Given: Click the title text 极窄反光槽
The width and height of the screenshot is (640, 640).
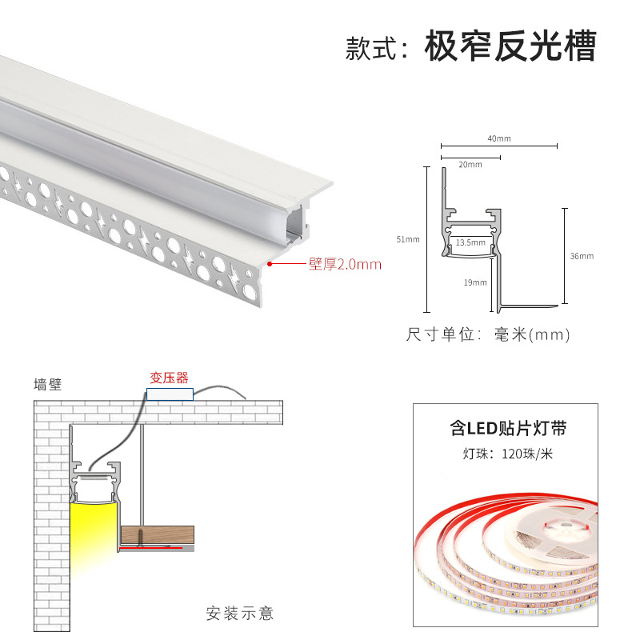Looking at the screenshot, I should (510, 47).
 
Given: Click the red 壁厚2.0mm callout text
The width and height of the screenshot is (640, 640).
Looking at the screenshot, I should (345, 263).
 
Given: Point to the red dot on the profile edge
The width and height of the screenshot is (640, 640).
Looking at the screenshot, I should (270, 262).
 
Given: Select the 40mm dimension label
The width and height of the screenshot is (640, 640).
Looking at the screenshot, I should (498, 138).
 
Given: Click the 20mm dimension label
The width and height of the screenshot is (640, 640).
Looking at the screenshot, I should (470, 165).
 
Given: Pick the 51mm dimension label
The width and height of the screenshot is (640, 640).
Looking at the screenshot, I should (407, 239).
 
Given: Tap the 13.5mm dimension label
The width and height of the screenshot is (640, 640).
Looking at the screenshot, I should (470, 242).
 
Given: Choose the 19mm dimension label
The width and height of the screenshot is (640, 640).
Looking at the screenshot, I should (474, 282).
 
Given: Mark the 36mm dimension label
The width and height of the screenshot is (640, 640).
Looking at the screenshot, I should (582, 256).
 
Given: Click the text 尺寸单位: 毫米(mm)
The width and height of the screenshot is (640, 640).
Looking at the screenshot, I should (488, 334).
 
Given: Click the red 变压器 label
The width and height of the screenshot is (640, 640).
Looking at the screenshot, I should (170, 378).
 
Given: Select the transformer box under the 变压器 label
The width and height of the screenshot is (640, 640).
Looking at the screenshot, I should (170, 394).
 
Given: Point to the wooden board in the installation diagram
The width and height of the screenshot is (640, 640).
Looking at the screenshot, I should (158, 534).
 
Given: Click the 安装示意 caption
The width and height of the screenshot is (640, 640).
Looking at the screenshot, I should (240, 614).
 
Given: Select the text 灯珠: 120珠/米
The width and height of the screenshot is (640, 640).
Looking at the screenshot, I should (508, 454).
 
